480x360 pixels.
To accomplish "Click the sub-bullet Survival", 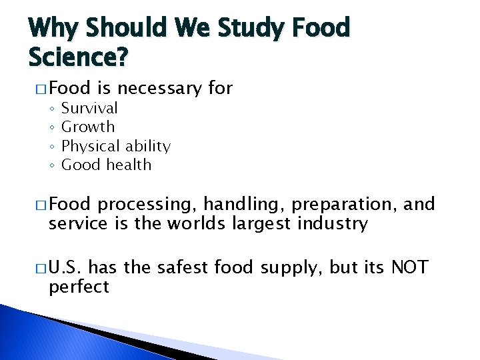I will click(x=89, y=108).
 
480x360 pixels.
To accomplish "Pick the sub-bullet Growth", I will click(x=88, y=127).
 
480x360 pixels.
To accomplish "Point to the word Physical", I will click(x=91, y=146).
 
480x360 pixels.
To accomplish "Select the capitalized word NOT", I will click(x=409, y=268).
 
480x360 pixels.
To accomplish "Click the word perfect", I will click(x=79, y=287).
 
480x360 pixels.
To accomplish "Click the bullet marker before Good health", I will click(x=51, y=165).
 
